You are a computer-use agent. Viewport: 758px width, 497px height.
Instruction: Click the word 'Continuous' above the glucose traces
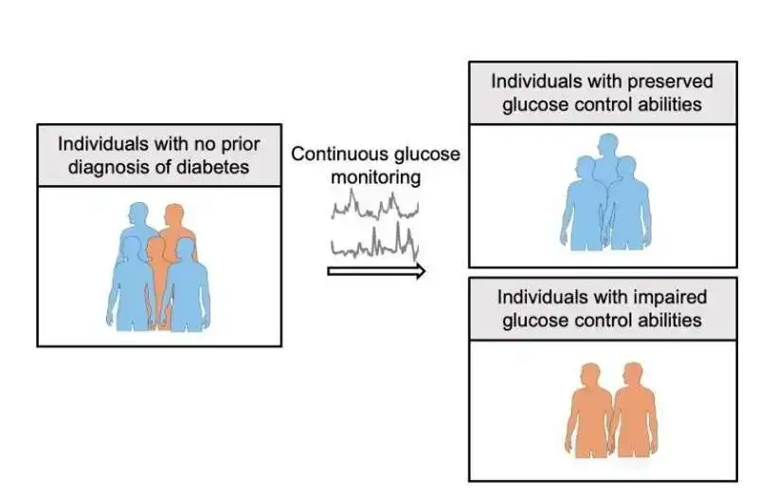[335, 154]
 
